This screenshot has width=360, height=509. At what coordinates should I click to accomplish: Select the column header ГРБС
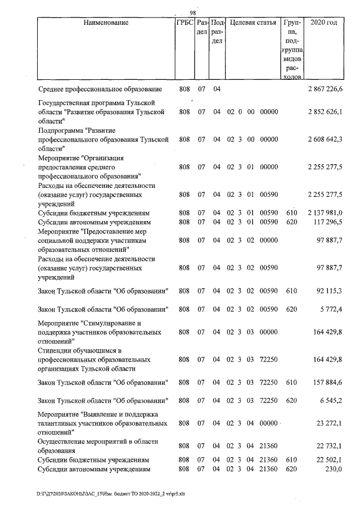click(184, 23)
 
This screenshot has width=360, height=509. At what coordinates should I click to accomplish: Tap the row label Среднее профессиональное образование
click(100, 89)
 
